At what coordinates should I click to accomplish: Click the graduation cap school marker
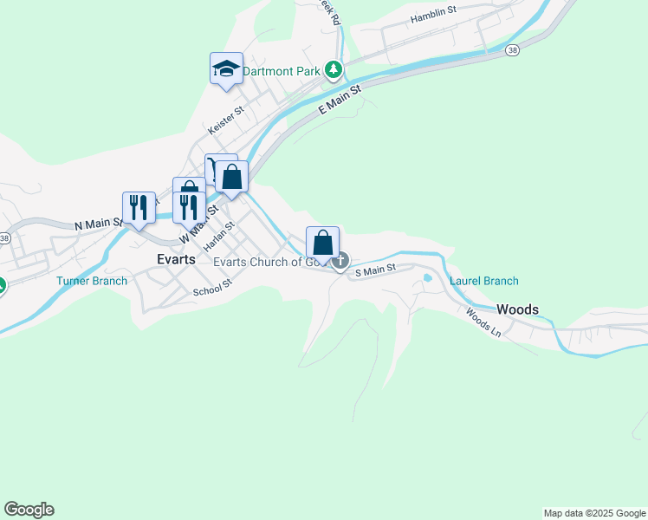[226, 68]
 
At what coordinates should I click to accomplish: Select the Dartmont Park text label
[282, 71]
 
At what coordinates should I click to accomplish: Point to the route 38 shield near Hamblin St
[514, 50]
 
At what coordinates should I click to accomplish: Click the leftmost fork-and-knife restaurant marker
[139, 208]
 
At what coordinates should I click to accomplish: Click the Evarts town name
[175, 258]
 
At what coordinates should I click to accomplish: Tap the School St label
[213, 288]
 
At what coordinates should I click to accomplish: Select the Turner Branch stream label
[92, 281]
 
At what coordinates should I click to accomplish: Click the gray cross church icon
[341, 259]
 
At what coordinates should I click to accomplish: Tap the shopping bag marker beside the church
[322, 243]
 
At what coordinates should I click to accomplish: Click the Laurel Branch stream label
[483, 281]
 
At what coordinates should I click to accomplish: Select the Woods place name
[518, 309]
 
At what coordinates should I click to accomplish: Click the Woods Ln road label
[483, 324]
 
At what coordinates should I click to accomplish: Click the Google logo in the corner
[29, 510]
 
